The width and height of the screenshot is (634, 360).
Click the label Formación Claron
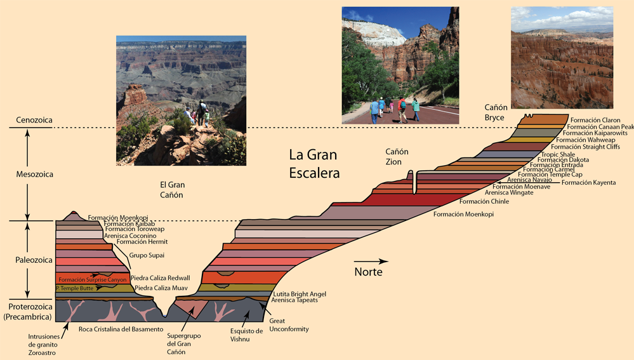pyautogui.click(x=595, y=120)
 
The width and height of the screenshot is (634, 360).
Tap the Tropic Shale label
pyautogui.click(x=558, y=154)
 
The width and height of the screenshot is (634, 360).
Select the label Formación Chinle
pyautogui.click(x=484, y=201)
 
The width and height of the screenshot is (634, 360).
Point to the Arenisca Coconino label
pyautogui.click(x=130, y=236)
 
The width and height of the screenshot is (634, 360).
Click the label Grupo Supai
pyautogui.click(x=147, y=255)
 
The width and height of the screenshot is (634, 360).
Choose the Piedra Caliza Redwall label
pyautogui.click(x=160, y=278)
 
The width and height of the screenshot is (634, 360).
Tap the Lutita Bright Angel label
pyautogui.click(x=300, y=294)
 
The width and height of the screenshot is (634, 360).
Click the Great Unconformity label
pyautogui.click(x=289, y=325)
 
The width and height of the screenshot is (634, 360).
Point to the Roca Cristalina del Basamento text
pyautogui.click(x=121, y=330)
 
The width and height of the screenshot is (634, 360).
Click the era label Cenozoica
pyautogui.click(x=34, y=120)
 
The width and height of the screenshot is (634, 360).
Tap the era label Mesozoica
pyautogui.click(x=34, y=175)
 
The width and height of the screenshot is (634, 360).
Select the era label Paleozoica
pyautogui.click(x=34, y=260)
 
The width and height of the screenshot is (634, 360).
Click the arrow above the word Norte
pyautogui.click(x=371, y=262)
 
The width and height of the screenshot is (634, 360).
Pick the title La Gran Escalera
pyautogui.click(x=314, y=164)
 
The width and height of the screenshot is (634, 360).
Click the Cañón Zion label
pyautogui.click(x=397, y=157)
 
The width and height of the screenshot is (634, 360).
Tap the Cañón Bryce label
pyautogui.click(x=496, y=112)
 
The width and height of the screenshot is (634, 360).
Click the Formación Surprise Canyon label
pyautogui.click(x=92, y=279)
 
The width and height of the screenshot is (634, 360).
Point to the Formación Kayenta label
pyautogui.click(x=589, y=183)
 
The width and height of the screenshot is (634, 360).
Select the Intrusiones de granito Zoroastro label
pyautogui.click(x=44, y=345)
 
